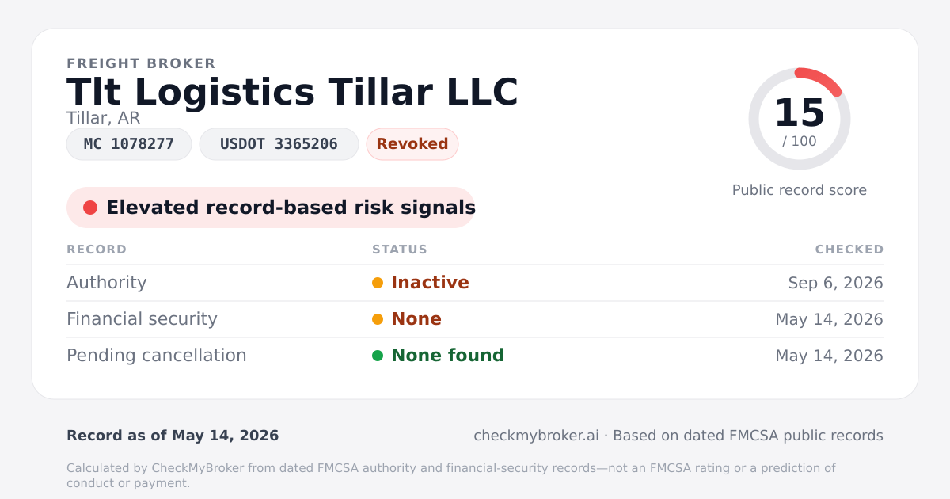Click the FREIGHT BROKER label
[x=141, y=63]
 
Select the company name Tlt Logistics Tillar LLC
[x=292, y=92]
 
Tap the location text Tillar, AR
[x=103, y=118]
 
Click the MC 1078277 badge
[x=129, y=144]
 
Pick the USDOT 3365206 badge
[x=279, y=144]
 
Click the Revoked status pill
[x=412, y=144]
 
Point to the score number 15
[x=800, y=112]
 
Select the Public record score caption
[x=800, y=190]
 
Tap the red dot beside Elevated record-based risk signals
[x=90, y=208]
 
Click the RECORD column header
[x=97, y=249]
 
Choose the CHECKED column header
[x=849, y=249]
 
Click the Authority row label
[x=106, y=283]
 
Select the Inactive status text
[x=430, y=283]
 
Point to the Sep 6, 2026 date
[x=835, y=283]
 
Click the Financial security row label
[x=142, y=319]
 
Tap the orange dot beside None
[x=378, y=319]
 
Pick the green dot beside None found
[x=378, y=356]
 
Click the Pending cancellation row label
[x=157, y=356]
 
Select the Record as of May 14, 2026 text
[x=173, y=436]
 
